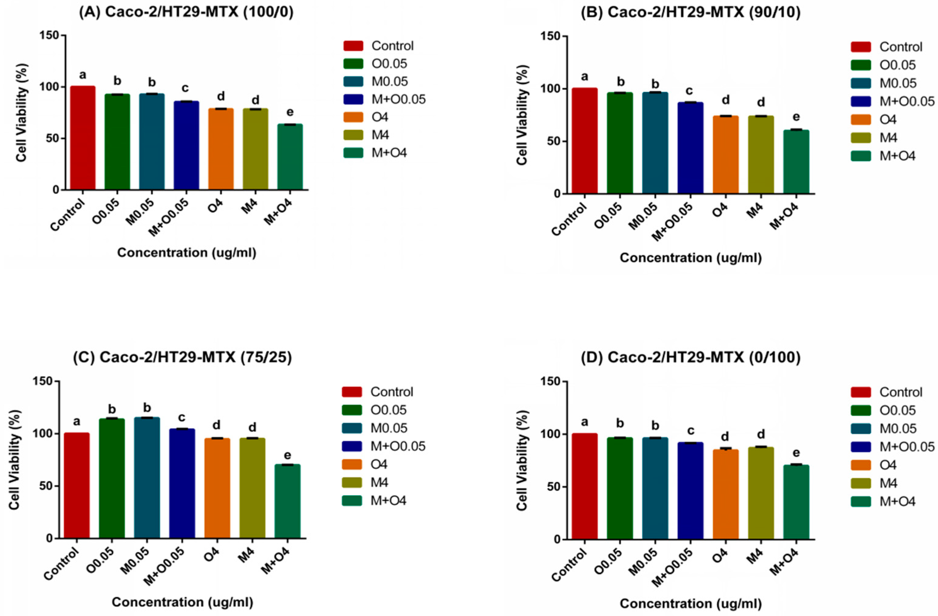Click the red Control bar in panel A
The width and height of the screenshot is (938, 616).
tap(83, 138)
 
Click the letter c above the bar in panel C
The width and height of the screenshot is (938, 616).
tap(182, 417)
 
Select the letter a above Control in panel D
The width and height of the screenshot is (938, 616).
tap(584, 422)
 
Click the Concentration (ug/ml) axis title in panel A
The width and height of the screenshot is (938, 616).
tap(187, 252)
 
